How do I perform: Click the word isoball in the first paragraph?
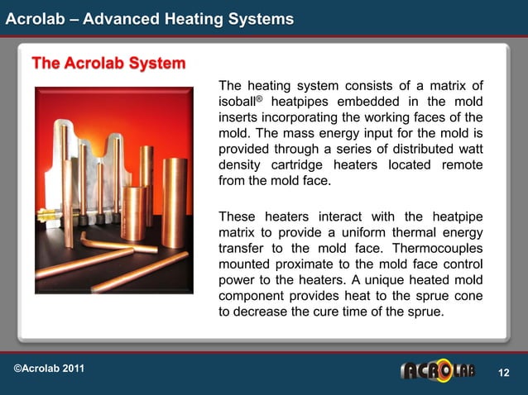coord(238,102)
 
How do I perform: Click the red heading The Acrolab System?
coord(108,64)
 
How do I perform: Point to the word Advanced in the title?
coord(108,18)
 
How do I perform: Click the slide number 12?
coord(502,374)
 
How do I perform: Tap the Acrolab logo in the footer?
coord(438,370)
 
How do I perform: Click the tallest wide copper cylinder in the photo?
coord(174,202)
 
